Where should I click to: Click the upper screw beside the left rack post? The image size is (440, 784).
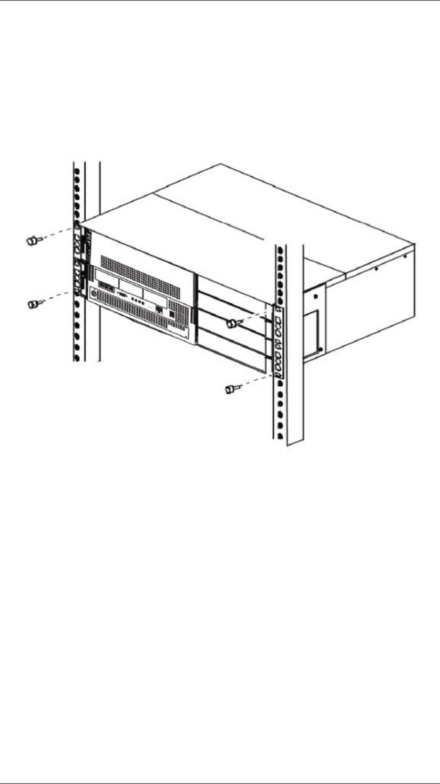tap(33, 241)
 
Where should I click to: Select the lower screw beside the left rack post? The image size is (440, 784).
tap(33, 304)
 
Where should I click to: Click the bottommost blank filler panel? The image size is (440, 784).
tap(234, 357)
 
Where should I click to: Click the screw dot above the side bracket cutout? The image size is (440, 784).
tap(315, 296)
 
